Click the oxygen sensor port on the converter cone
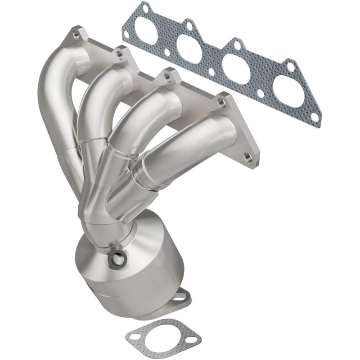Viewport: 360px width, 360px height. (x=117, y=258)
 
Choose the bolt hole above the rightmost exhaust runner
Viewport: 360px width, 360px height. (x=221, y=102)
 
